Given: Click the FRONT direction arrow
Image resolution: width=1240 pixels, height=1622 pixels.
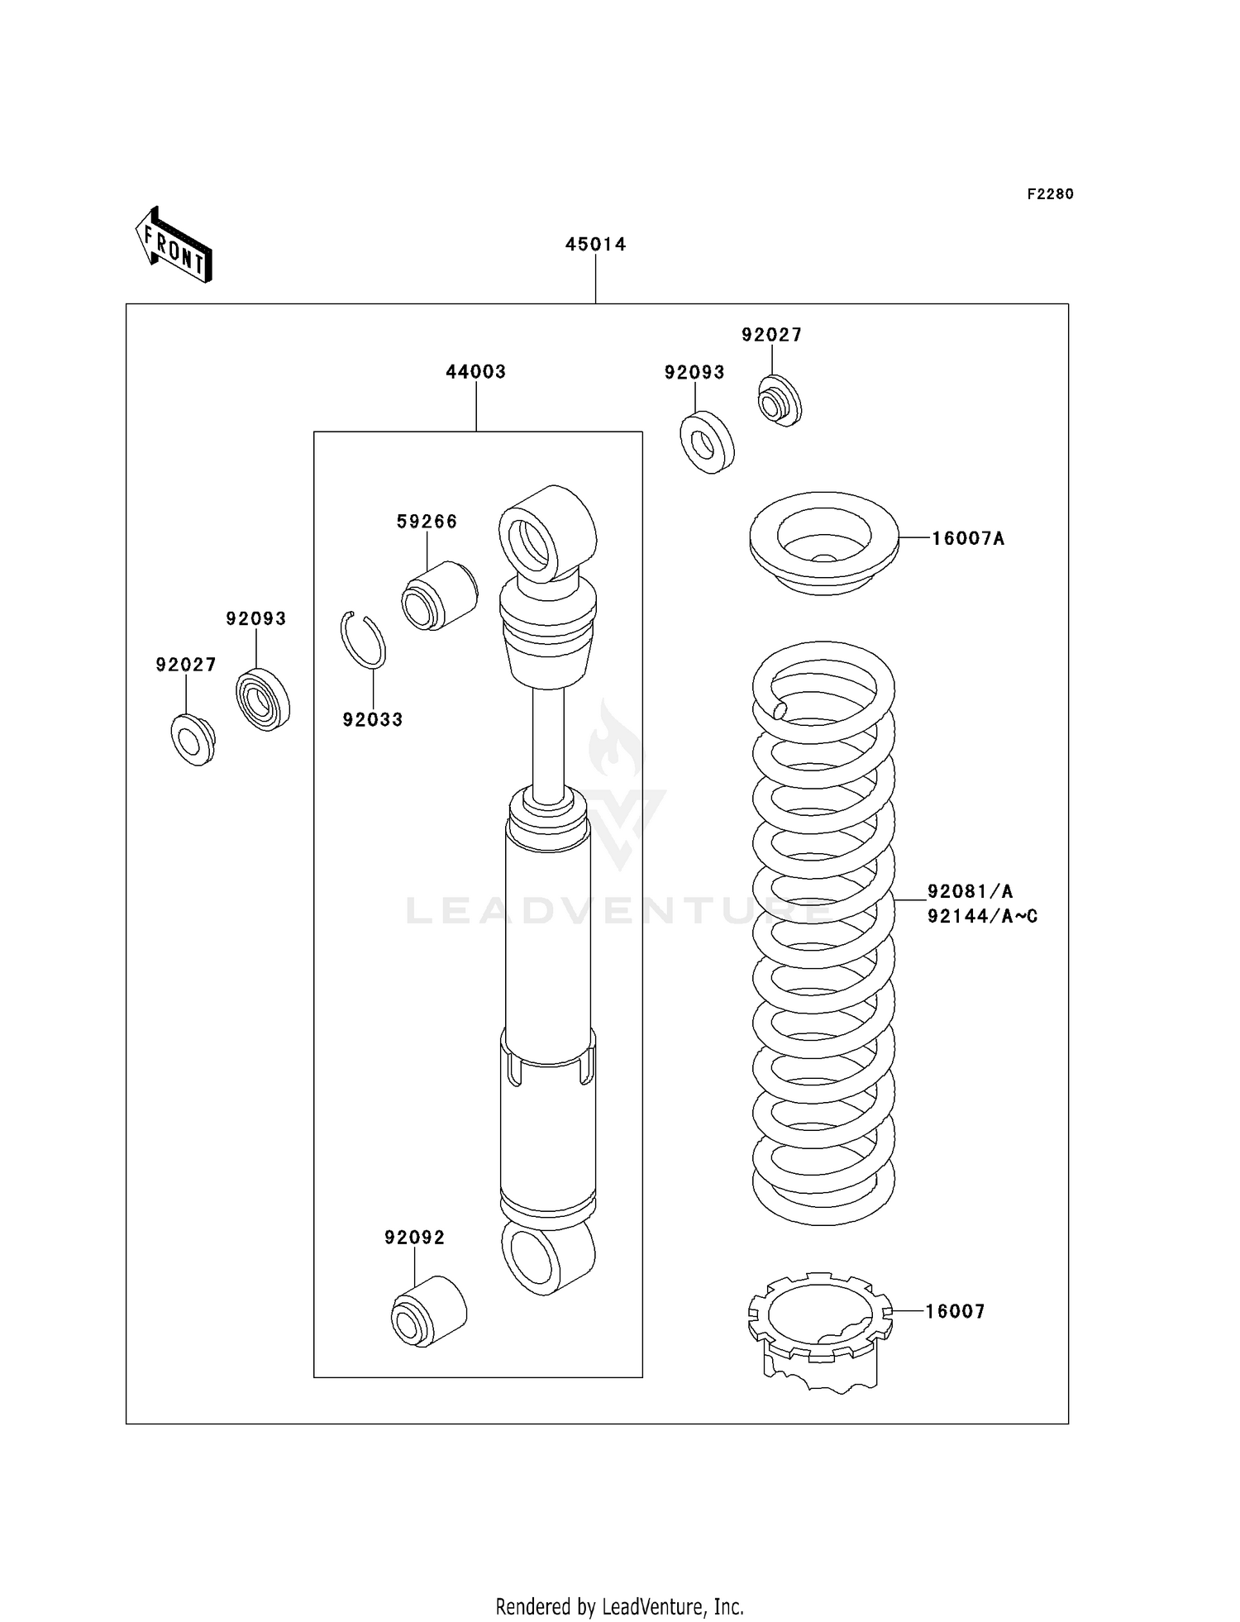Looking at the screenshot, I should tap(174, 246).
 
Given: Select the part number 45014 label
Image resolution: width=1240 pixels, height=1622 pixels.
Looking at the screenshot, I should tap(595, 244).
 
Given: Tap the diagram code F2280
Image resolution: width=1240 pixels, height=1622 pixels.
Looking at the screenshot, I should tap(1050, 194).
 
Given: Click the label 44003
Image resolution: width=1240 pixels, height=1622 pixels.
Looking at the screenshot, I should tap(475, 372).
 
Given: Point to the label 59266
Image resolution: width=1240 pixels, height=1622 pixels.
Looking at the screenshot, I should tap(427, 522).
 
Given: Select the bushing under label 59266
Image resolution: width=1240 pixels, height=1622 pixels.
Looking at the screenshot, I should tap(439, 595).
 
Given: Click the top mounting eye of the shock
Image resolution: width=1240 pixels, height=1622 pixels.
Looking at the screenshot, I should tap(546, 535).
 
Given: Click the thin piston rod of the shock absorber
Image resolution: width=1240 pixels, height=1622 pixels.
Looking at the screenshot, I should tap(547, 740).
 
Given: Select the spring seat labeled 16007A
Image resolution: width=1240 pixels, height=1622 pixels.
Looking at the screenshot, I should tap(823, 542).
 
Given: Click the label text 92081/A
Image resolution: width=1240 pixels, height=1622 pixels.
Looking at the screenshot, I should tap(970, 891).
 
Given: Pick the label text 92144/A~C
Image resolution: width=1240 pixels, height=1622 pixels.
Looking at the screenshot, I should tap(982, 916).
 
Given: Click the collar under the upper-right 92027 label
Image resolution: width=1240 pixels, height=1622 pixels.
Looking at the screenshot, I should tap(780, 401).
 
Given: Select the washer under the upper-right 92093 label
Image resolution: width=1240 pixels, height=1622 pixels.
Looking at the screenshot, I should tap(707, 442).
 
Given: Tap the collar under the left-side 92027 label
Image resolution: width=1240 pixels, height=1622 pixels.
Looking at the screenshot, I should tap(193, 739).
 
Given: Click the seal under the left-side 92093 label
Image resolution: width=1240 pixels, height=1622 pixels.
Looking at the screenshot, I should tap(263, 699).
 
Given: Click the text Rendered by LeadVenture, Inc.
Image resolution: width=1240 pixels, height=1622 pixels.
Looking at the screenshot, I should tap(619, 1606).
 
